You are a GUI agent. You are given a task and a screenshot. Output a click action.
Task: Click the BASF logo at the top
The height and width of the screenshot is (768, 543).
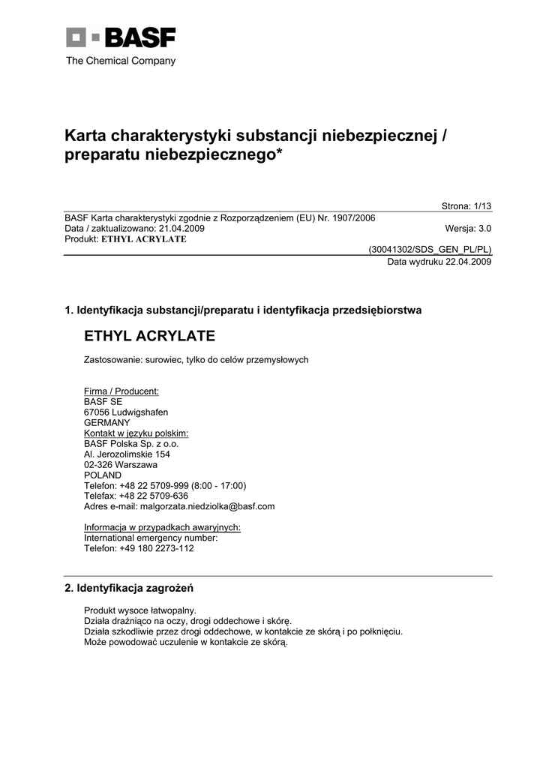[121, 38]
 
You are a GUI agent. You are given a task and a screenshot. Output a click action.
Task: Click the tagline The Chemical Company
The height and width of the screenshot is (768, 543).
[121, 61]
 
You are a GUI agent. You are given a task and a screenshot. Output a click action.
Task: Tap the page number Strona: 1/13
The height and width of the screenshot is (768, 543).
[466, 207]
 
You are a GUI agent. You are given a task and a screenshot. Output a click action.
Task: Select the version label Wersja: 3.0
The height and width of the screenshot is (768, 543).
[468, 229]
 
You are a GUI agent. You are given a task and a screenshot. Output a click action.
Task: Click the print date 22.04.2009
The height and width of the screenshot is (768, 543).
[469, 262]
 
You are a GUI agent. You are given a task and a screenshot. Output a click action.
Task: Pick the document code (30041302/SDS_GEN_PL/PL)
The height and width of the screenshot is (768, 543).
[430, 250]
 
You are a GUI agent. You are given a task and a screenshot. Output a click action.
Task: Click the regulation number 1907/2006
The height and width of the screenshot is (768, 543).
[350, 218]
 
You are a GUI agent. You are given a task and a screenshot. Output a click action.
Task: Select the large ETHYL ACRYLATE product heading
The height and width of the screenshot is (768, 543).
[149, 335]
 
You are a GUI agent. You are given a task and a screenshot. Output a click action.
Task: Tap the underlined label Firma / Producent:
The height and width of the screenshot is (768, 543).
[121, 391]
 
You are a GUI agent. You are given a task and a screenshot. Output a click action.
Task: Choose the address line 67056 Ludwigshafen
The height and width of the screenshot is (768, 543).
[125, 412]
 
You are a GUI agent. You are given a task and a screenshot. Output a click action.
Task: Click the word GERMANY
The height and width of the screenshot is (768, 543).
[106, 422]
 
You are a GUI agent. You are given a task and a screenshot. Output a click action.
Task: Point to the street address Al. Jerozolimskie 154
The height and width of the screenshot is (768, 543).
[127, 454]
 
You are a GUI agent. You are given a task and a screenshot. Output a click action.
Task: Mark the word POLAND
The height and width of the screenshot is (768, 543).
[103, 475]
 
